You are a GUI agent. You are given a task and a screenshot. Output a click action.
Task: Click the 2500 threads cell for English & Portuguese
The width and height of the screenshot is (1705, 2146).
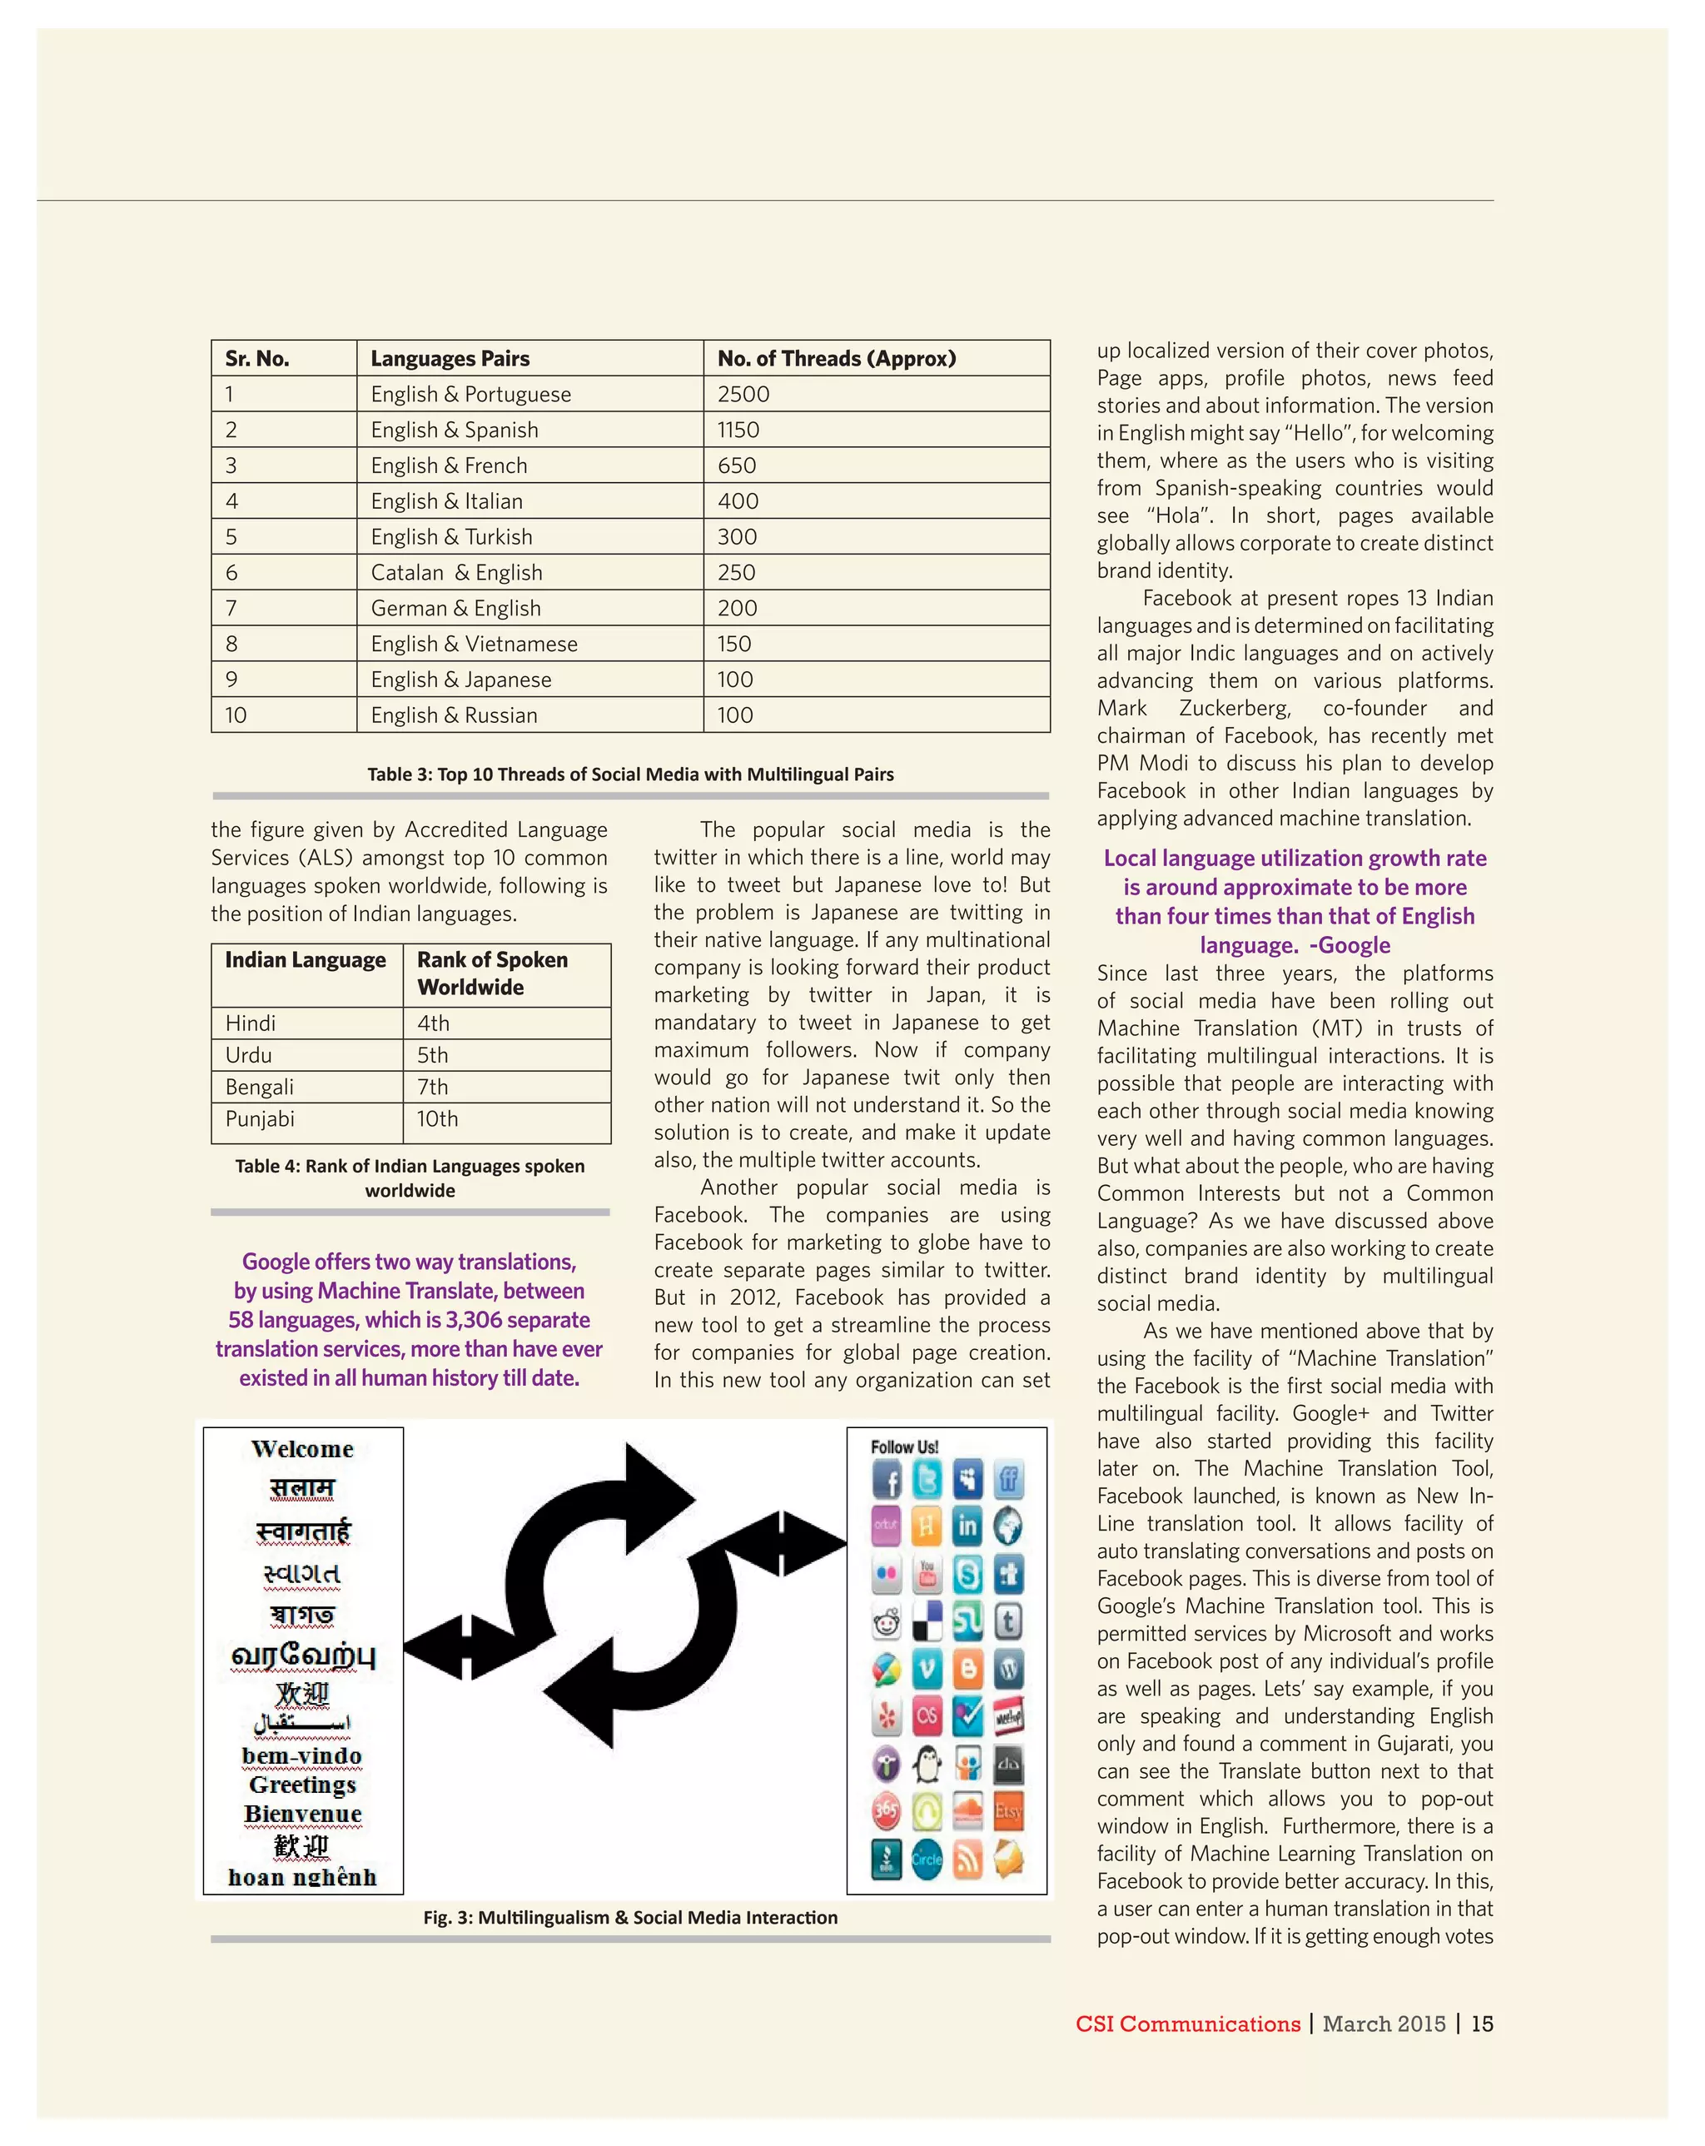coord(743,394)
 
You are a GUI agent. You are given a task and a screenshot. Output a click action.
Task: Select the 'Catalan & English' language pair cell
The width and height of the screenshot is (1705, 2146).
coord(457,572)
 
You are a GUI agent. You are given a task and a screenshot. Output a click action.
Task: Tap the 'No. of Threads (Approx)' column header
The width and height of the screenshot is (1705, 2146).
coord(836,358)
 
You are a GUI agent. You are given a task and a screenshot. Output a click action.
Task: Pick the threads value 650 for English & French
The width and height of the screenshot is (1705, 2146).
coord(737,466)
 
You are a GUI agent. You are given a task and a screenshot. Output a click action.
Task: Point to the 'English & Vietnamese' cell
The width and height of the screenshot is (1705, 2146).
coord(474,644)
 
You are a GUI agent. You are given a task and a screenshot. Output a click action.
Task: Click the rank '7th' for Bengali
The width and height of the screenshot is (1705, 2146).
coord(433,1087)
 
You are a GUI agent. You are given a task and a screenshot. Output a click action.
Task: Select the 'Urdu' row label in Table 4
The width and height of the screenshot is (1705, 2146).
coord(249,1055)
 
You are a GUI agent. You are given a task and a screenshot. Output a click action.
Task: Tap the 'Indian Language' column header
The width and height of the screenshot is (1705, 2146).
coord(306,960)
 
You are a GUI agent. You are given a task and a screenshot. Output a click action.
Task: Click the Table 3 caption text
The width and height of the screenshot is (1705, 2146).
coord(630,774)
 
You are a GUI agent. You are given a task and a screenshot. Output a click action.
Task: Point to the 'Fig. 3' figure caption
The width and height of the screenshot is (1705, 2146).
coord(630,1917)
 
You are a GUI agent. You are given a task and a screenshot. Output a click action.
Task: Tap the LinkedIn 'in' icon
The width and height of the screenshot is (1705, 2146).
coord(967,1526)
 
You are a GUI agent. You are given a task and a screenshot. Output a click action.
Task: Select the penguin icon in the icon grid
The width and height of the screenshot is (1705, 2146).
coord(927,1765)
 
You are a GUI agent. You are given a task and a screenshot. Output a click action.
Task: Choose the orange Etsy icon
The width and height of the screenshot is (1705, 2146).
coord(1008,1811)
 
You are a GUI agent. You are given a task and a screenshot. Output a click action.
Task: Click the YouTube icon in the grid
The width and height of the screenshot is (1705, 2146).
coord(927,1574)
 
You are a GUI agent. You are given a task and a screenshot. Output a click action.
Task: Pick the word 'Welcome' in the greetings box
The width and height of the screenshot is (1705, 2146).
coord(302,1449)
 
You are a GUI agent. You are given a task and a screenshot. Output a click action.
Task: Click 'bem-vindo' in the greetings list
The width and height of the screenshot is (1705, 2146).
coord(301,1755)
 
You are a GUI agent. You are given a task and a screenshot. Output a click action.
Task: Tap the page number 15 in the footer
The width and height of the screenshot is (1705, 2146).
coord(1482,2024)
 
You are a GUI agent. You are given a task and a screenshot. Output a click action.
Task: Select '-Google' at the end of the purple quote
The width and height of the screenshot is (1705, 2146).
coord(1350,946)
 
